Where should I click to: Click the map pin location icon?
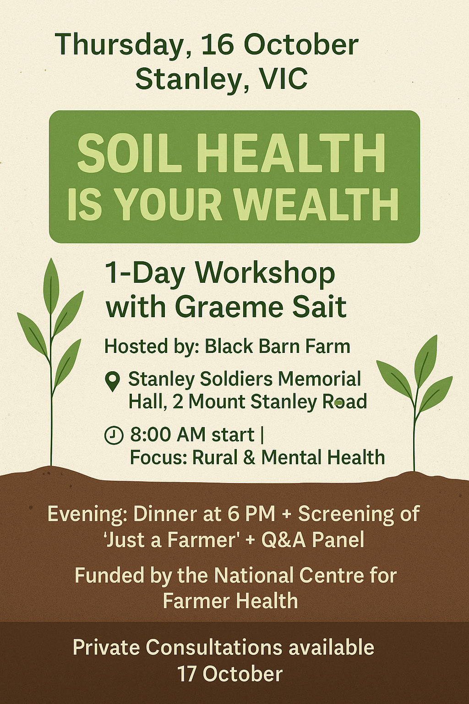pos(113,381)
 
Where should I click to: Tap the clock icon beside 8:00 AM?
pos(114,435)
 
